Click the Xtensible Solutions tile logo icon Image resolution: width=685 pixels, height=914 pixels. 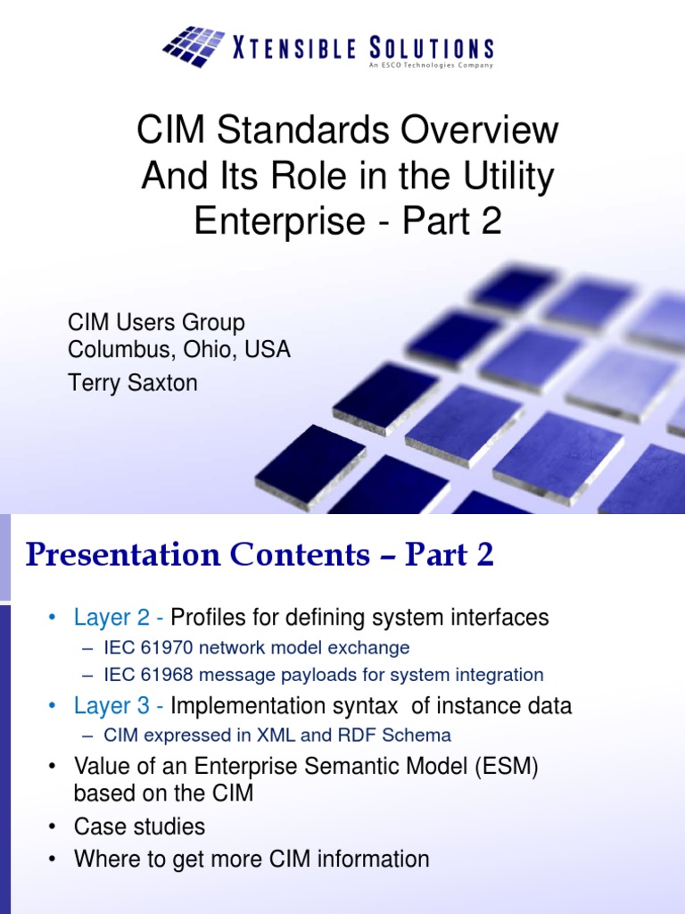[194, 46]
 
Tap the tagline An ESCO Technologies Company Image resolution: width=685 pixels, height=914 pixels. [430, 65]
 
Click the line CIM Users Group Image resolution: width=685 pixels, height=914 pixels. [157, 322]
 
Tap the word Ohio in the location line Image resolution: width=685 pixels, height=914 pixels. [206, 349]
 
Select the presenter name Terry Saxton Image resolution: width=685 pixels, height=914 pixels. [133, 383]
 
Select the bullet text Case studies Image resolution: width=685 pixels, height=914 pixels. [139, 827]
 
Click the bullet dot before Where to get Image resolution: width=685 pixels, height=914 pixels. [54, 860]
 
